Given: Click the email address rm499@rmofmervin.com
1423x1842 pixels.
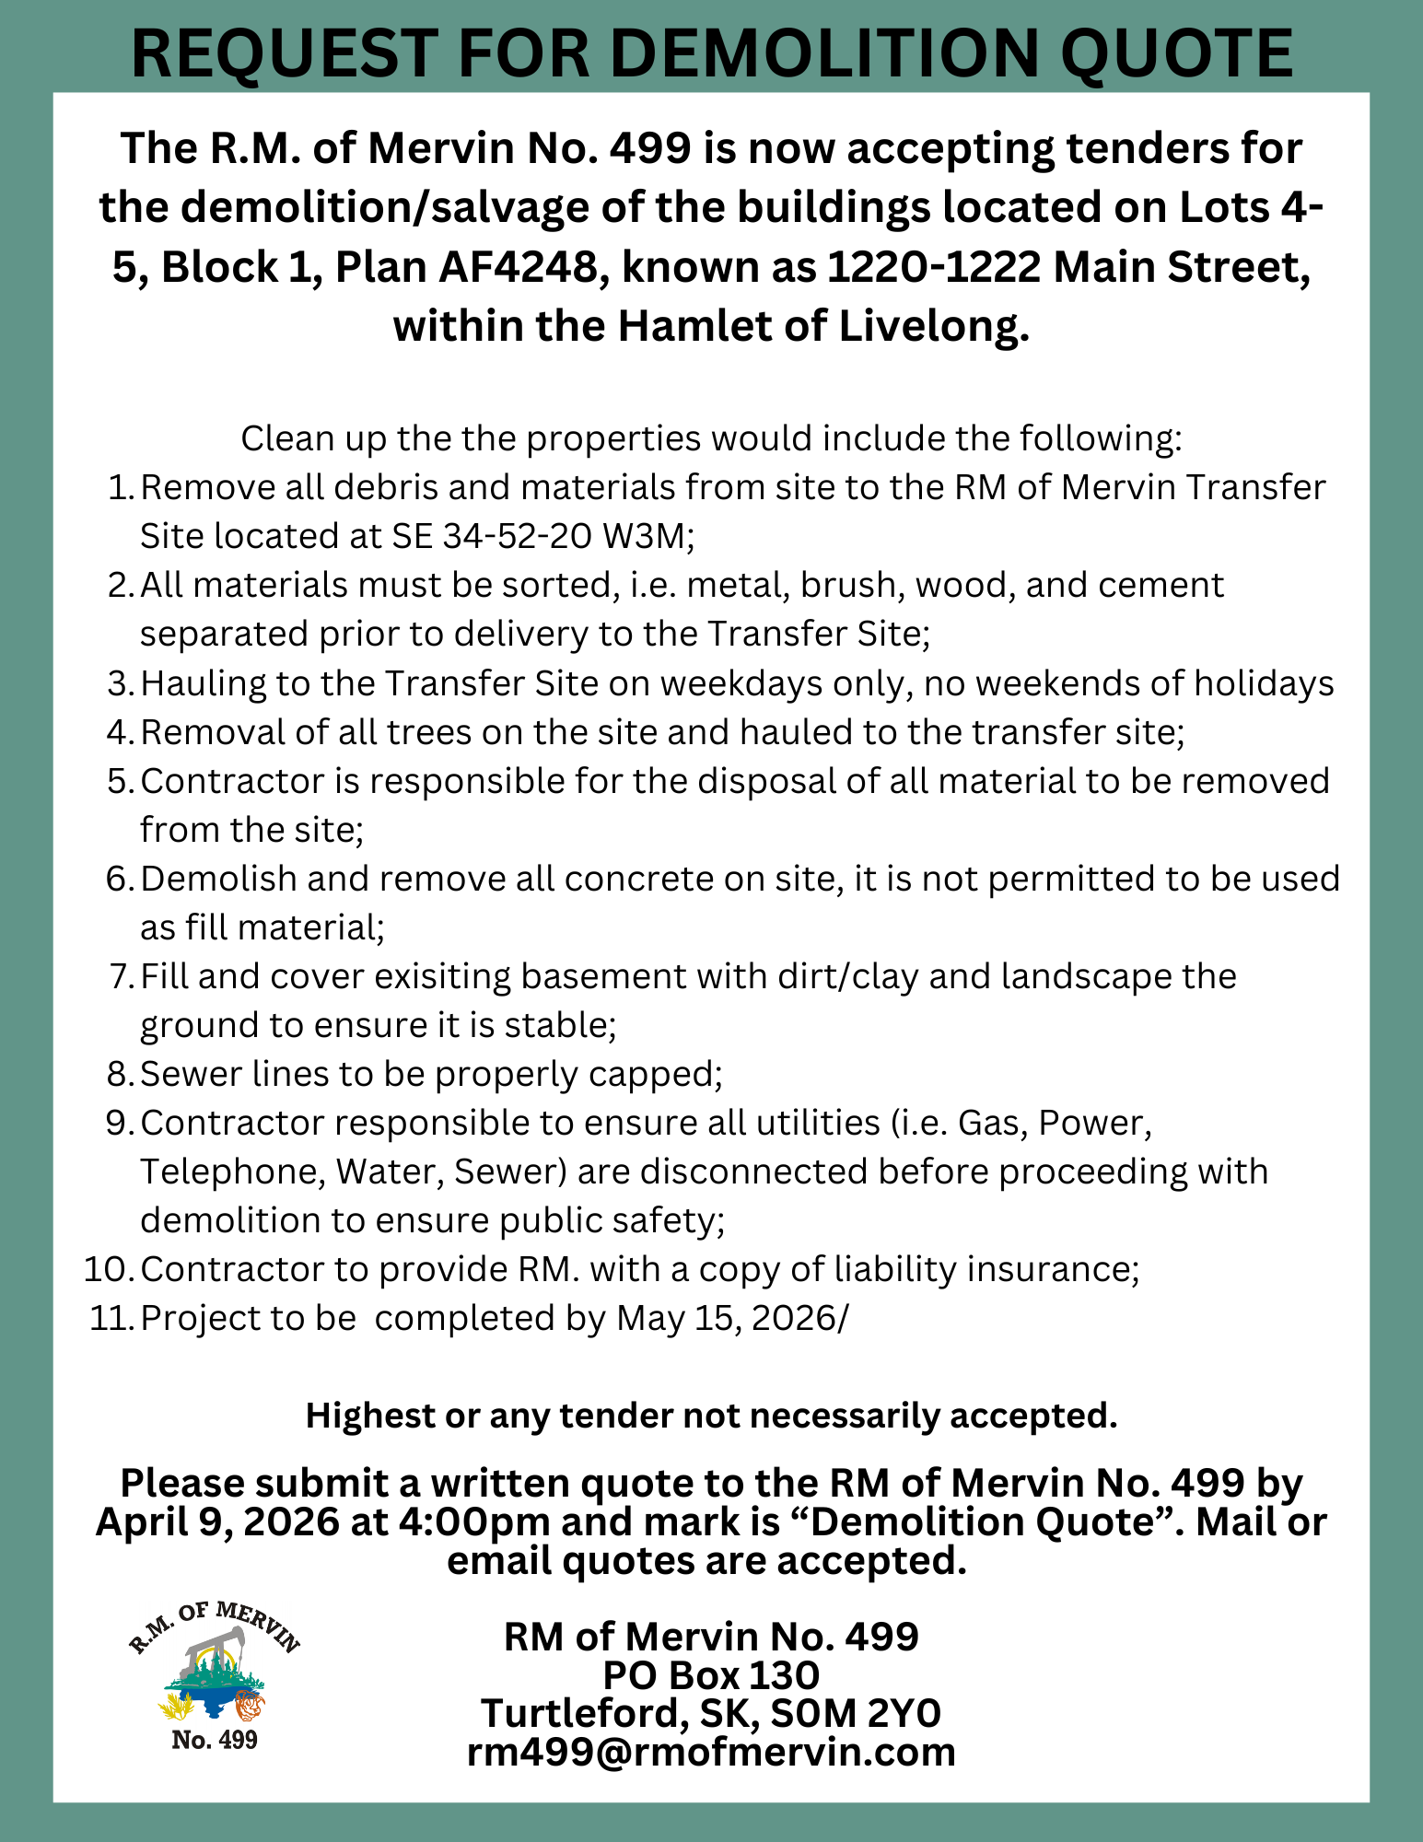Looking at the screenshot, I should click(x=711, y=1752).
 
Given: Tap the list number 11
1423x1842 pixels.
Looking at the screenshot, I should click(x=112, y=1318).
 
